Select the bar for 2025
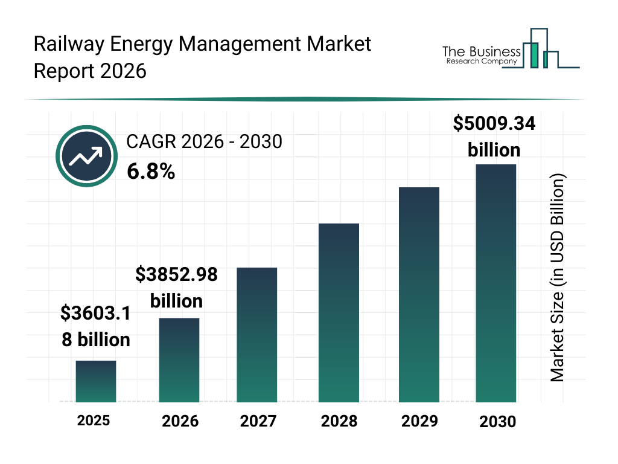click(x=95, y=381)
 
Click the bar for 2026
click(x=179, y=360)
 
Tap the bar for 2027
click(x=256, y=335)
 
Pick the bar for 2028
click(x=339, y=313)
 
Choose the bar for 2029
click(x=419, y=295)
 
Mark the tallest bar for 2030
click(x=496, y=283)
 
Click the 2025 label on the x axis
click(x=94, y=420)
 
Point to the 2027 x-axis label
click(x=258, y=421)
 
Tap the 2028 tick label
click(x=339, y=421)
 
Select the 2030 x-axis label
click(x=498, y=422)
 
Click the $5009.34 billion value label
click(x=494, y=137)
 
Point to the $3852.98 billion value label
click(x=176, y=288)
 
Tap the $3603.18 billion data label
click(x=96, y=326)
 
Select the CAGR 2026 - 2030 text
click(x=204, y=142)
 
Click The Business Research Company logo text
click(x=481, y=55)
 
